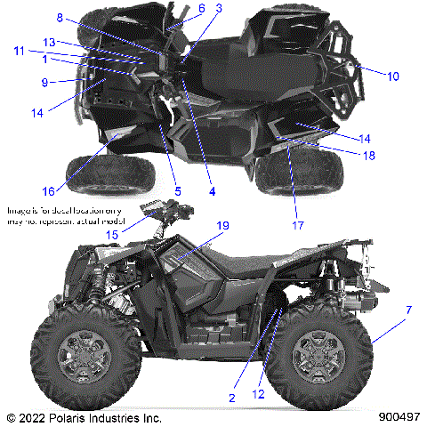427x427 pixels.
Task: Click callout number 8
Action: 60,18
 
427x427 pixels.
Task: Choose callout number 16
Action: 46,189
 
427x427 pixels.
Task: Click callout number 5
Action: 177,190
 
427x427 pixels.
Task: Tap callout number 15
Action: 136,233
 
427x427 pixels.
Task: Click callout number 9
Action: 44,82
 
